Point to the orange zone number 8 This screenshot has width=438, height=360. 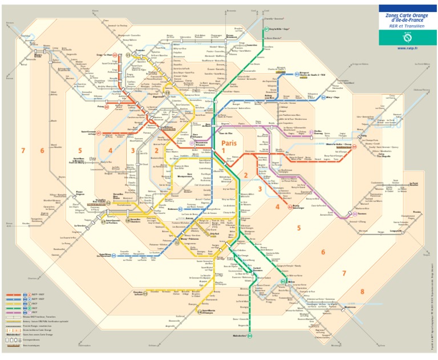(362, 292)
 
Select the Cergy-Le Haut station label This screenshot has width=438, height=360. (104, 56)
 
